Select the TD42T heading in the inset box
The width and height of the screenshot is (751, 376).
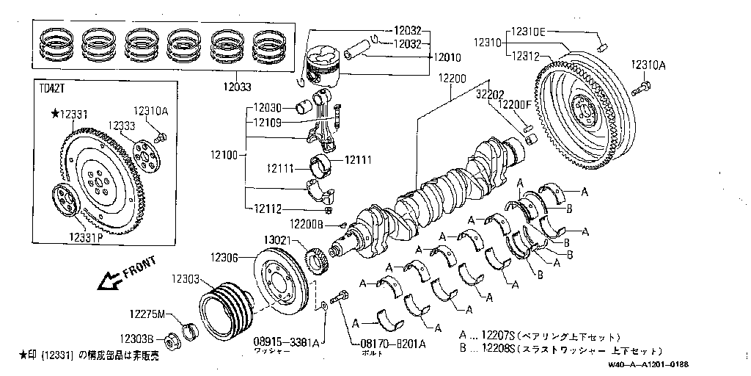pos(52,89)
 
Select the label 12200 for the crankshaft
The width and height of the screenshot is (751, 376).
pos(453,78)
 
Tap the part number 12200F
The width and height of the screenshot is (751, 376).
pos(514,104)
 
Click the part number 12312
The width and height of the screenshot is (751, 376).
pos(526,56)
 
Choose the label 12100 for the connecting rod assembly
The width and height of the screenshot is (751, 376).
pos(224,155)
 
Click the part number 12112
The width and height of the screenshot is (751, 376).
pos(268,209)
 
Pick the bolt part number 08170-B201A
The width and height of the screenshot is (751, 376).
pos(392,344)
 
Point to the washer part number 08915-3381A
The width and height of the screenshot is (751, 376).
pos(286,342)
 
